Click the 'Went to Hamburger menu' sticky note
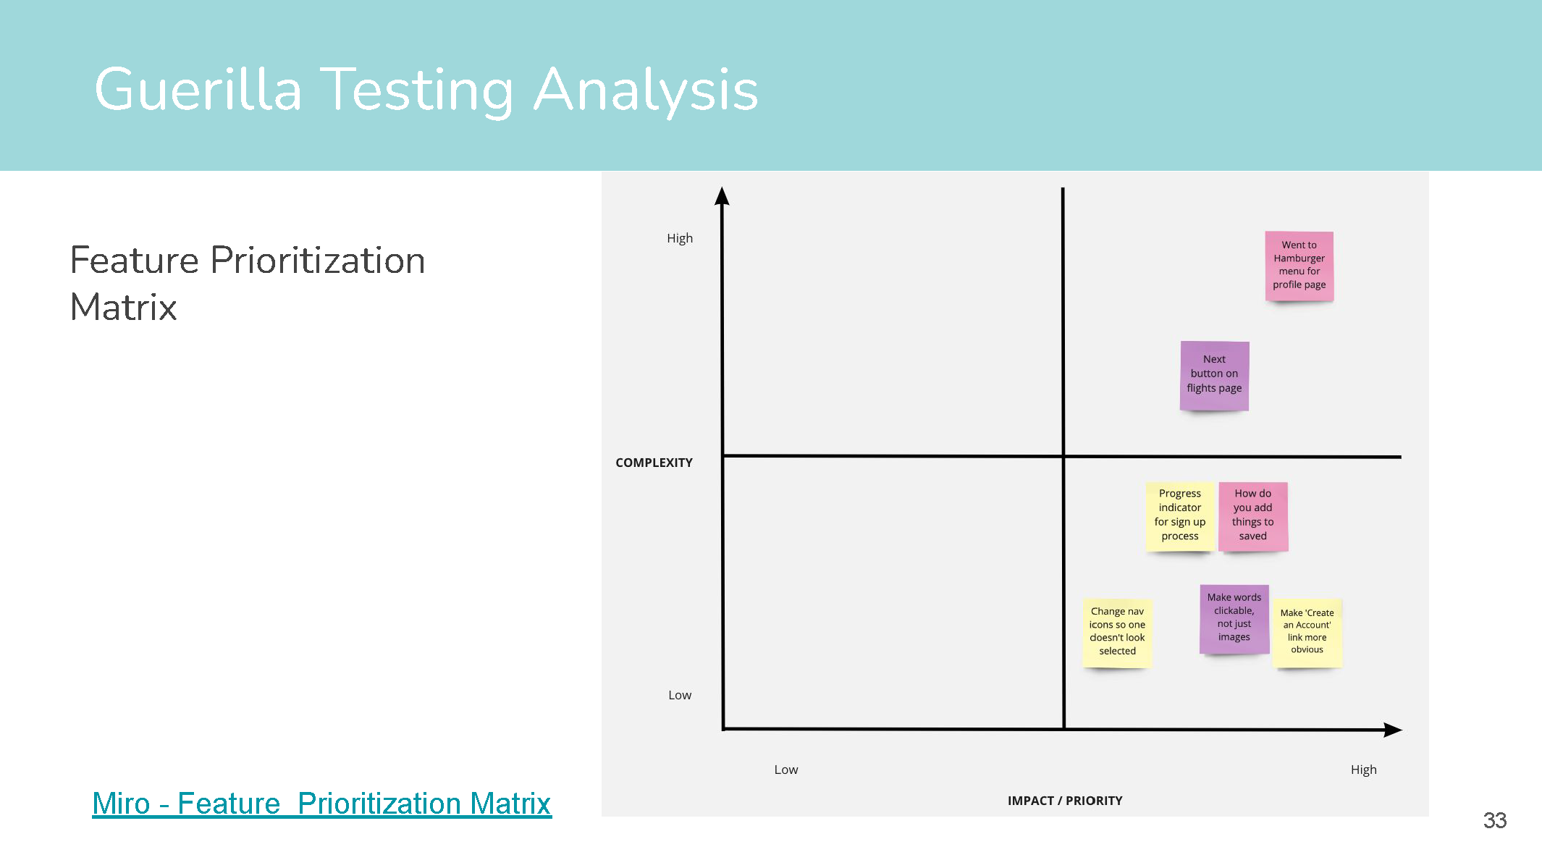pos(1299,266)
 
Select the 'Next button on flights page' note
pos(1214,375)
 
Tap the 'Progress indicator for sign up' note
pos(1179,515)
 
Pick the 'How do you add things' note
pos(1252,515)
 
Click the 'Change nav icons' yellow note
pos(1117,632)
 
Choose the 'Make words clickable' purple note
pos(1234,618)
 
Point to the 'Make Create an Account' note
pos(1307,632)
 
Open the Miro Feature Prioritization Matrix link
pos(321,804)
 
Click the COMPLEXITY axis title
pos(654,463)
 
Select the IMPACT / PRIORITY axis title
pos(1065,801)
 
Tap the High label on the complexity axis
pos(680,238)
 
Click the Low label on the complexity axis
pos(680,695)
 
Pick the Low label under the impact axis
pos(786,770)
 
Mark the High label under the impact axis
pos(1363,770)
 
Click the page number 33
pos(1494,820)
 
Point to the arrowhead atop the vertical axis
pos(722,196)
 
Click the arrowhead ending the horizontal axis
pos(1393,730)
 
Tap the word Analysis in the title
pos(646,90)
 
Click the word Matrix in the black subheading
pos(124,307)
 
